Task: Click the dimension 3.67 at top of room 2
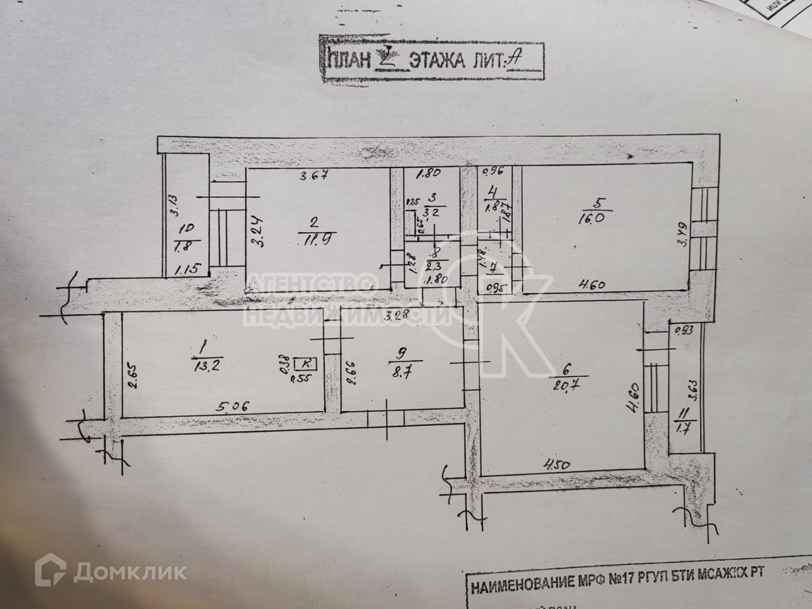coord(314,175)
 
